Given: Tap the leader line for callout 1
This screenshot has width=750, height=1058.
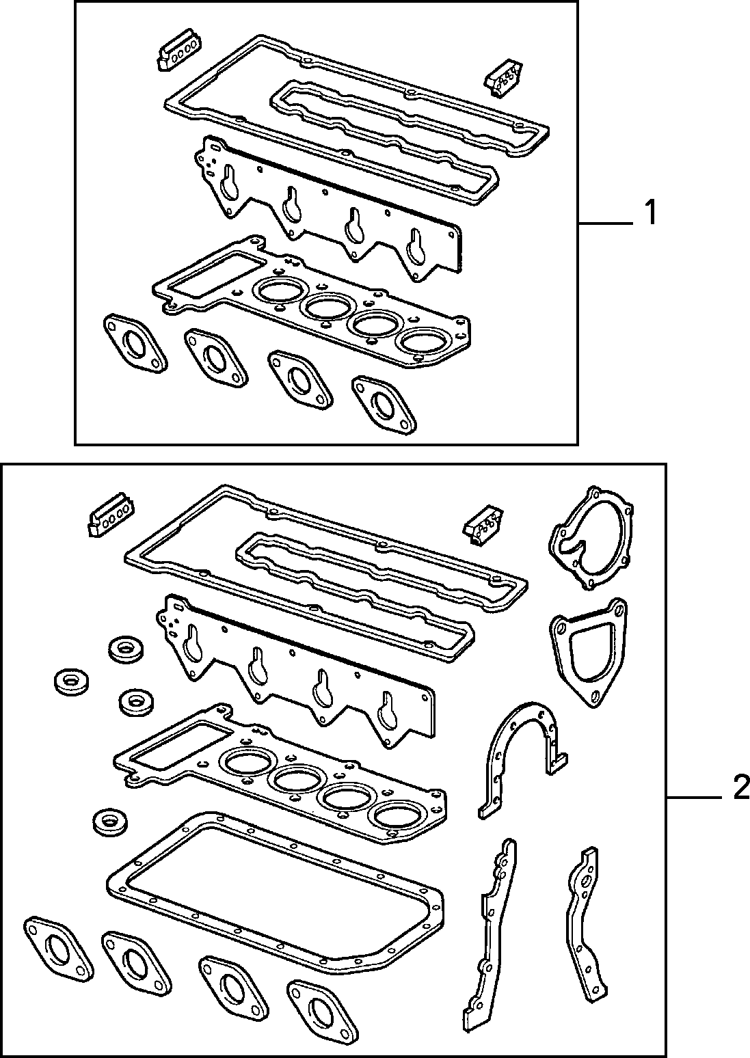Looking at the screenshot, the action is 606,222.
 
